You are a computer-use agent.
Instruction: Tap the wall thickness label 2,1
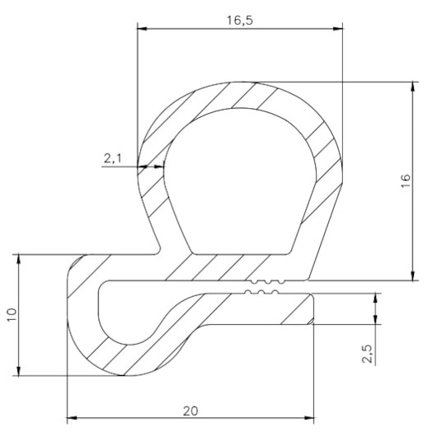(x=114, y=156)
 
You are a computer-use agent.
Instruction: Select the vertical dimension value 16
(x=404, y=182)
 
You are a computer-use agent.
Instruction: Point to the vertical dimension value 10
(x=11, y=315)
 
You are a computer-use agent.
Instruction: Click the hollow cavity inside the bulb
(x=239, y=181)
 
